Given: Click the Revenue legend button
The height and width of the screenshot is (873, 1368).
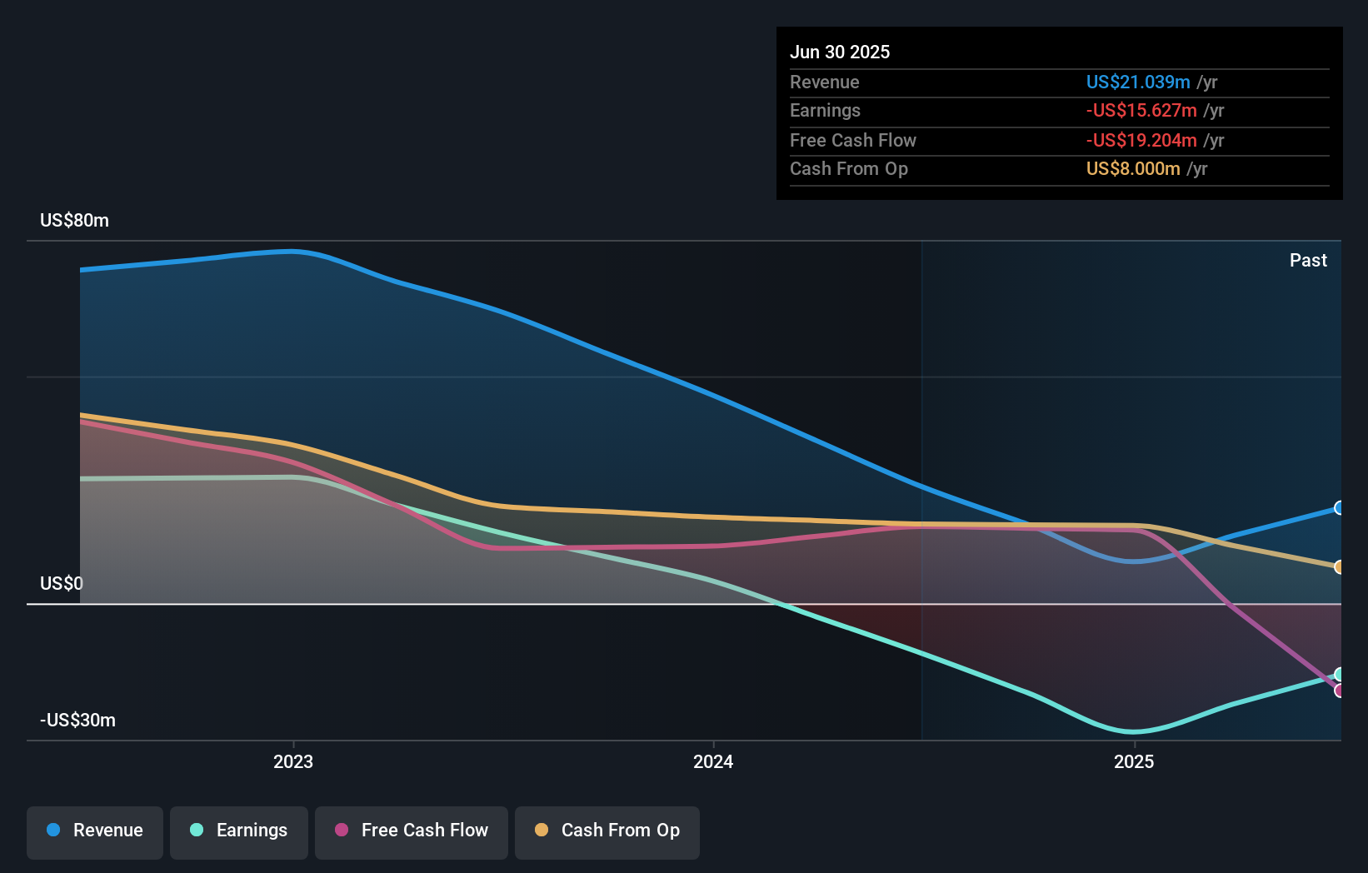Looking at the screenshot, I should [95, 831].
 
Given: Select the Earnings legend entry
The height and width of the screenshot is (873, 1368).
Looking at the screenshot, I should [239, 831].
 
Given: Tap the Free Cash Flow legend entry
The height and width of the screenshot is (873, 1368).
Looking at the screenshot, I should [412, 831].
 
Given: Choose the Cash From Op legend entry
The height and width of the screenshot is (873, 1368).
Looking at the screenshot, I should [607, 831].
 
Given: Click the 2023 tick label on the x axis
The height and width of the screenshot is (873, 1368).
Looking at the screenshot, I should [293, 761].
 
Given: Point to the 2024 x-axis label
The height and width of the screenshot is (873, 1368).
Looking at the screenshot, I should [713, 761].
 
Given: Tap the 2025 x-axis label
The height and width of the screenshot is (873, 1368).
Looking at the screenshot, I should [1134, 761].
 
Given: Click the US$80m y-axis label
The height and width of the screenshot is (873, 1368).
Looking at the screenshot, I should [74, 221].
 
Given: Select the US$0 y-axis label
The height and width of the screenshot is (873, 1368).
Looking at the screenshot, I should [62, 583].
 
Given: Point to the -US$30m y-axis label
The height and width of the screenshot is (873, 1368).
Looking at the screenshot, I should [77, 721].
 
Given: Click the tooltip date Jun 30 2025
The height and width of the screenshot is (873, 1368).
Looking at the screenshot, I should [840, 52].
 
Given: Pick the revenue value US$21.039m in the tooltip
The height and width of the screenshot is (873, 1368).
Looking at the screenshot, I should [1137, 82].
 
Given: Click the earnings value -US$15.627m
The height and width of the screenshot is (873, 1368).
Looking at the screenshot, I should [1141, 111].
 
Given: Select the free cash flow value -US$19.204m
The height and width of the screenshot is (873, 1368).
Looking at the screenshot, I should [1141, 141].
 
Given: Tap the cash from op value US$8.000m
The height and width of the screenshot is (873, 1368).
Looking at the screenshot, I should [1133, 169].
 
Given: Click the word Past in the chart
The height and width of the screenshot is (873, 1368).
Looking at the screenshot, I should [1308, 261].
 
